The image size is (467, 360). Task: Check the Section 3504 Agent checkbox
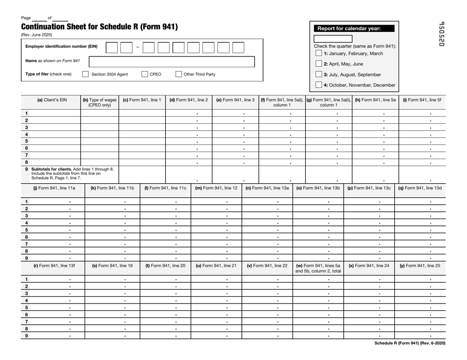[86, 75]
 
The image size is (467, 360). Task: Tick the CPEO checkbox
[145, 75]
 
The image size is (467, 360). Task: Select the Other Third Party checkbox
[179, 75]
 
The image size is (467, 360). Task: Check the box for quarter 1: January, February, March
[319, 53]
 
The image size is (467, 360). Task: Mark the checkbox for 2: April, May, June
[319, 64]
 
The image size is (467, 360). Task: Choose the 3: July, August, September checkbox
[319, 75]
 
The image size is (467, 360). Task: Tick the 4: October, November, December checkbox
[319, 85]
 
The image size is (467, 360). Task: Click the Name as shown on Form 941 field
[172, 61]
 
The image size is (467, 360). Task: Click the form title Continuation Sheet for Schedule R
[99, 27]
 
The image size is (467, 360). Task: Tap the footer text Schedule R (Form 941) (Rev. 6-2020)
[409, 343]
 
